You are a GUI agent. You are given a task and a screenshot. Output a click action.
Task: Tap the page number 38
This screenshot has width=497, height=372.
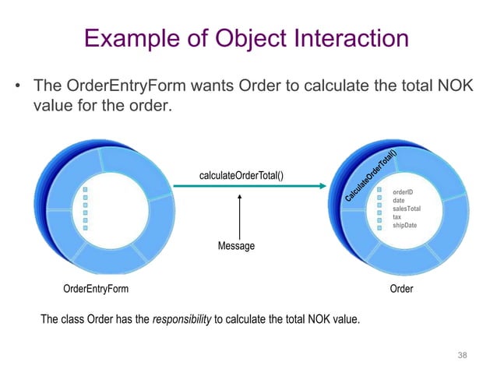(462, 356)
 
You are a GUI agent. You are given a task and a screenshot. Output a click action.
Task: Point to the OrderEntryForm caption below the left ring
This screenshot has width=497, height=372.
(96, 289)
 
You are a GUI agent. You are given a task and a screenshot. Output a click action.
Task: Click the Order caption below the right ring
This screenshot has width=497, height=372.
(400, 289)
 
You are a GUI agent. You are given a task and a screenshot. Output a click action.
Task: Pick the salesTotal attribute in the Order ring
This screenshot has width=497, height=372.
(407, 209)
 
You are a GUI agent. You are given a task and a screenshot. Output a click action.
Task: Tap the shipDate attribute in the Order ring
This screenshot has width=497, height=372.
(405, 226)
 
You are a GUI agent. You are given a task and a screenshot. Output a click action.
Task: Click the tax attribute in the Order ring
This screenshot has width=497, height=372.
(398, 217)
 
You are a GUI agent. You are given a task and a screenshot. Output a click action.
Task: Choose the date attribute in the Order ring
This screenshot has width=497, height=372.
(399, 200)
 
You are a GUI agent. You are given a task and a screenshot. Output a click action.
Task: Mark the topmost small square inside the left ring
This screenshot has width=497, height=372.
(86, 191)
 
